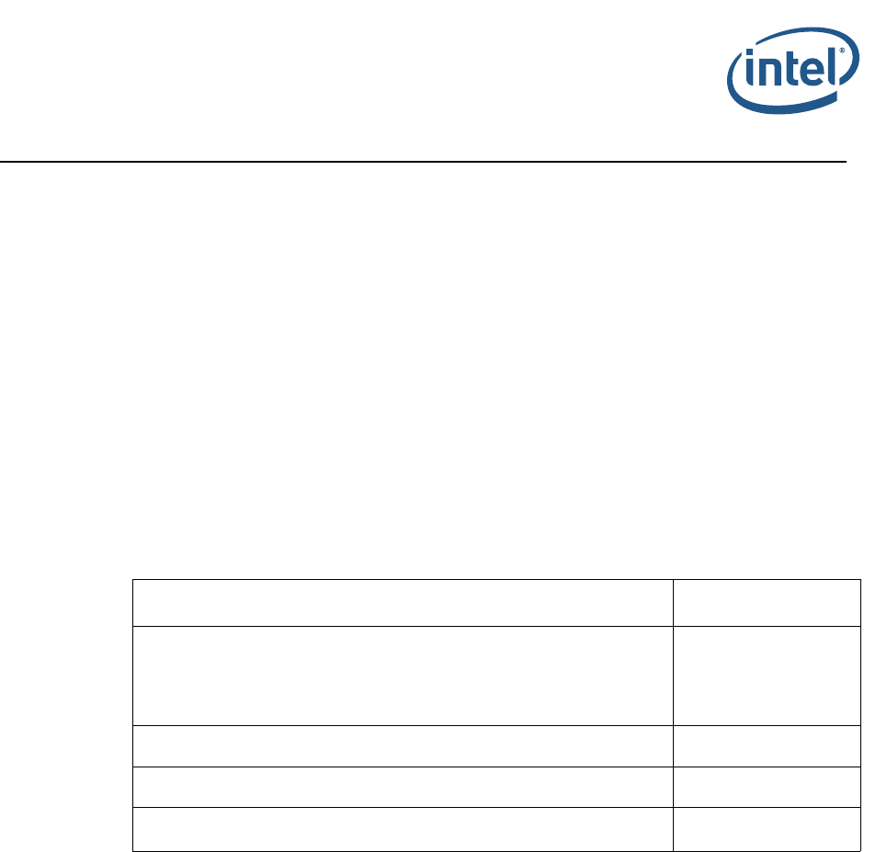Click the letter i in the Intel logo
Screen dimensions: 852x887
(750, 73)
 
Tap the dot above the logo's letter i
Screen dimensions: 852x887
(750, 54)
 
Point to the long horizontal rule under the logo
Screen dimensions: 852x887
(423, 162)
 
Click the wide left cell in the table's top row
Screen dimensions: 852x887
(403, 602)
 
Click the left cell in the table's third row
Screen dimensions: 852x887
(403, 746)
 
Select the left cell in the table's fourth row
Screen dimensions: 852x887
(403, 787)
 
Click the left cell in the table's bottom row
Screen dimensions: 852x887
(403, 828)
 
